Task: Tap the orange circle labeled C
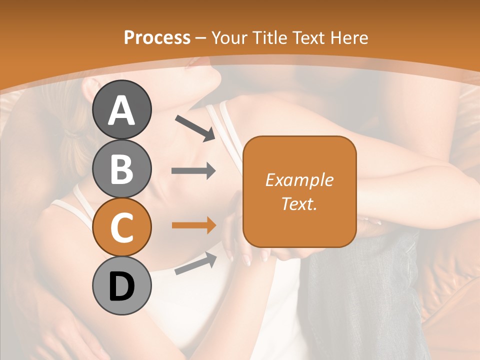click(122, 227)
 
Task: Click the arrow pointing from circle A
click(195, 128)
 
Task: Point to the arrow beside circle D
click(195, 263)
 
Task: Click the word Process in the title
click(157, 38)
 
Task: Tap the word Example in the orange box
click(299, 180)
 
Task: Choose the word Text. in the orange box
click(299, 203)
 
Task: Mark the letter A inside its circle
click(122, 110)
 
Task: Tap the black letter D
click(122, 286)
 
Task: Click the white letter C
click(122, 227)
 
